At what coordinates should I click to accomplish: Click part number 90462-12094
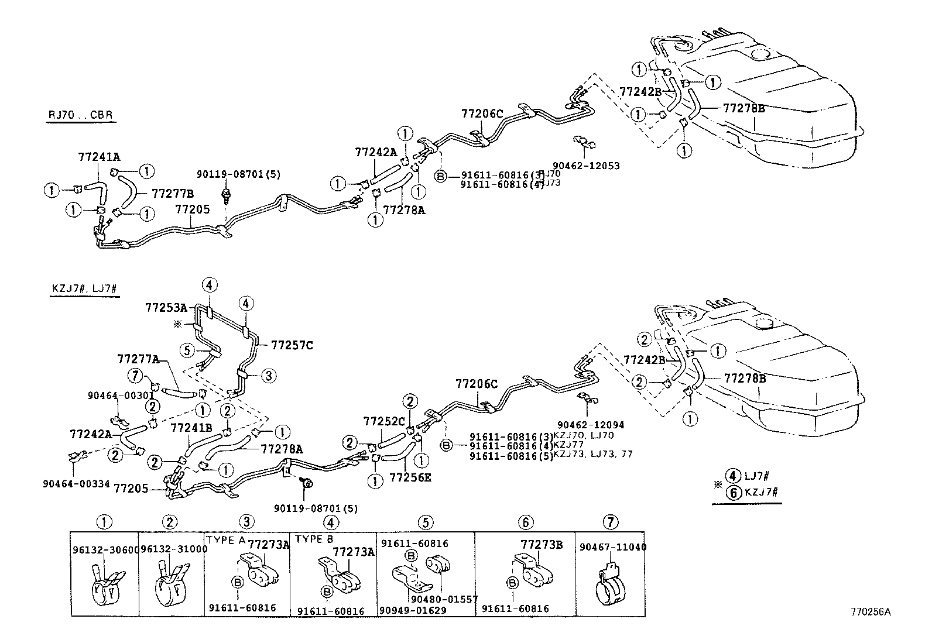[x=591, y=425]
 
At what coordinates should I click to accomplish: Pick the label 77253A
[x=166, y=307]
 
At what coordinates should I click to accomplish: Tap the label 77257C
[x=292, y=346]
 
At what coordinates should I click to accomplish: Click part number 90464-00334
[x=76, y=484]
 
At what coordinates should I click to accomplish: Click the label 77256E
[x=410, y=477]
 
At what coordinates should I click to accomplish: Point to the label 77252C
[x=384, y=421]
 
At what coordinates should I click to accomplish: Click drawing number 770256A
[x=871, y=612]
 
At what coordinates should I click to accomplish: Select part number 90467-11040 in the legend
[x=612, y=547]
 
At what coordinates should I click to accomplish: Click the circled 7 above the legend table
[x=610, y=522]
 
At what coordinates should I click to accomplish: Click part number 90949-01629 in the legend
[x=413, y=611]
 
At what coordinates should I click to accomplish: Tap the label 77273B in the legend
[x=542, y=545]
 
